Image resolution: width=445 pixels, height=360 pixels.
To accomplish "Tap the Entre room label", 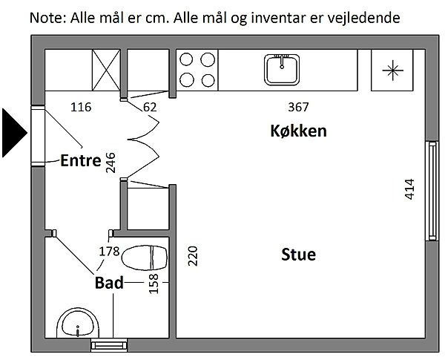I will click(80, 160).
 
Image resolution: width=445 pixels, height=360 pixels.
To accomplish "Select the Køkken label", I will click(298, 131).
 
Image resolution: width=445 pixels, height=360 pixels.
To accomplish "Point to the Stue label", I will click(299, 255).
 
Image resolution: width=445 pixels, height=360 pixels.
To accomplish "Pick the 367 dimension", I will click(298, 107).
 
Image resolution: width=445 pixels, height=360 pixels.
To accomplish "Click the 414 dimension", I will click(410, 190).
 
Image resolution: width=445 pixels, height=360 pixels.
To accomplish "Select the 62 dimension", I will click(150, 107).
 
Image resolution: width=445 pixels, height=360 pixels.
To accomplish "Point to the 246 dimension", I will click(111, 162).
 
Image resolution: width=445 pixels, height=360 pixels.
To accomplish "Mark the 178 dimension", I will click(109, 251).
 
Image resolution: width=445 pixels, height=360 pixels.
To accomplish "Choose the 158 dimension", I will click(154, 283).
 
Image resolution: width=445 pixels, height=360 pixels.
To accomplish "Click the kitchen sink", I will click(282, 71).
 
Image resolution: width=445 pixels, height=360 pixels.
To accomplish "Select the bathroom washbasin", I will click(78, 325).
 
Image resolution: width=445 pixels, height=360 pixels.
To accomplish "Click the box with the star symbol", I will click(390, 71).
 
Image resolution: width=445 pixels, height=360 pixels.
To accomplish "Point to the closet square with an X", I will click(105, 71).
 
